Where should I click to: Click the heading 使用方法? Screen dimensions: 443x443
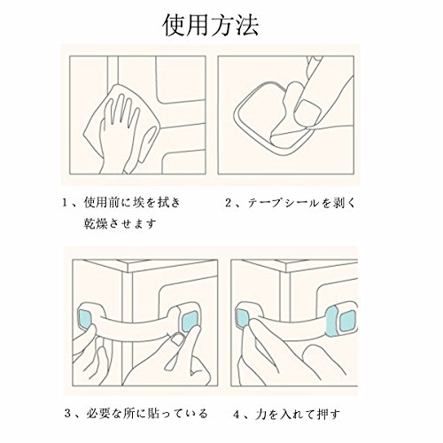(x=211, y=26)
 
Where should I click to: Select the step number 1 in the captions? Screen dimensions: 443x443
(x=65, y=203)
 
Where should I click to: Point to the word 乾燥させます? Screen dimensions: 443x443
(x=120, y=224)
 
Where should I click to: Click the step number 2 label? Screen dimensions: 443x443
(x=229, y=203)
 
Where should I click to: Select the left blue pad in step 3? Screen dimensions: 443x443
(x=84, y=318)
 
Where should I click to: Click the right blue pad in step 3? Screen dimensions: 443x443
(x=189, y=322)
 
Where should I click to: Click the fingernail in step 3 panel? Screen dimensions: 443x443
(x=178, y=339)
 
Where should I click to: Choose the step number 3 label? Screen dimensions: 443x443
(x=68, y=414)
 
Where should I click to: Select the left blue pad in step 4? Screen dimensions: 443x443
(x=243, y=319)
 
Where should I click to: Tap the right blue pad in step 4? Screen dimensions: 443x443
(x=348, y=321)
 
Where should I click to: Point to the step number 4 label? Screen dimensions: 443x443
(x=237, y=415)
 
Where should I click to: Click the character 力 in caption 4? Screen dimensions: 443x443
(x=261, y=415)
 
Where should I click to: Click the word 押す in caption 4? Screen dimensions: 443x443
(x=329, y=415)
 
